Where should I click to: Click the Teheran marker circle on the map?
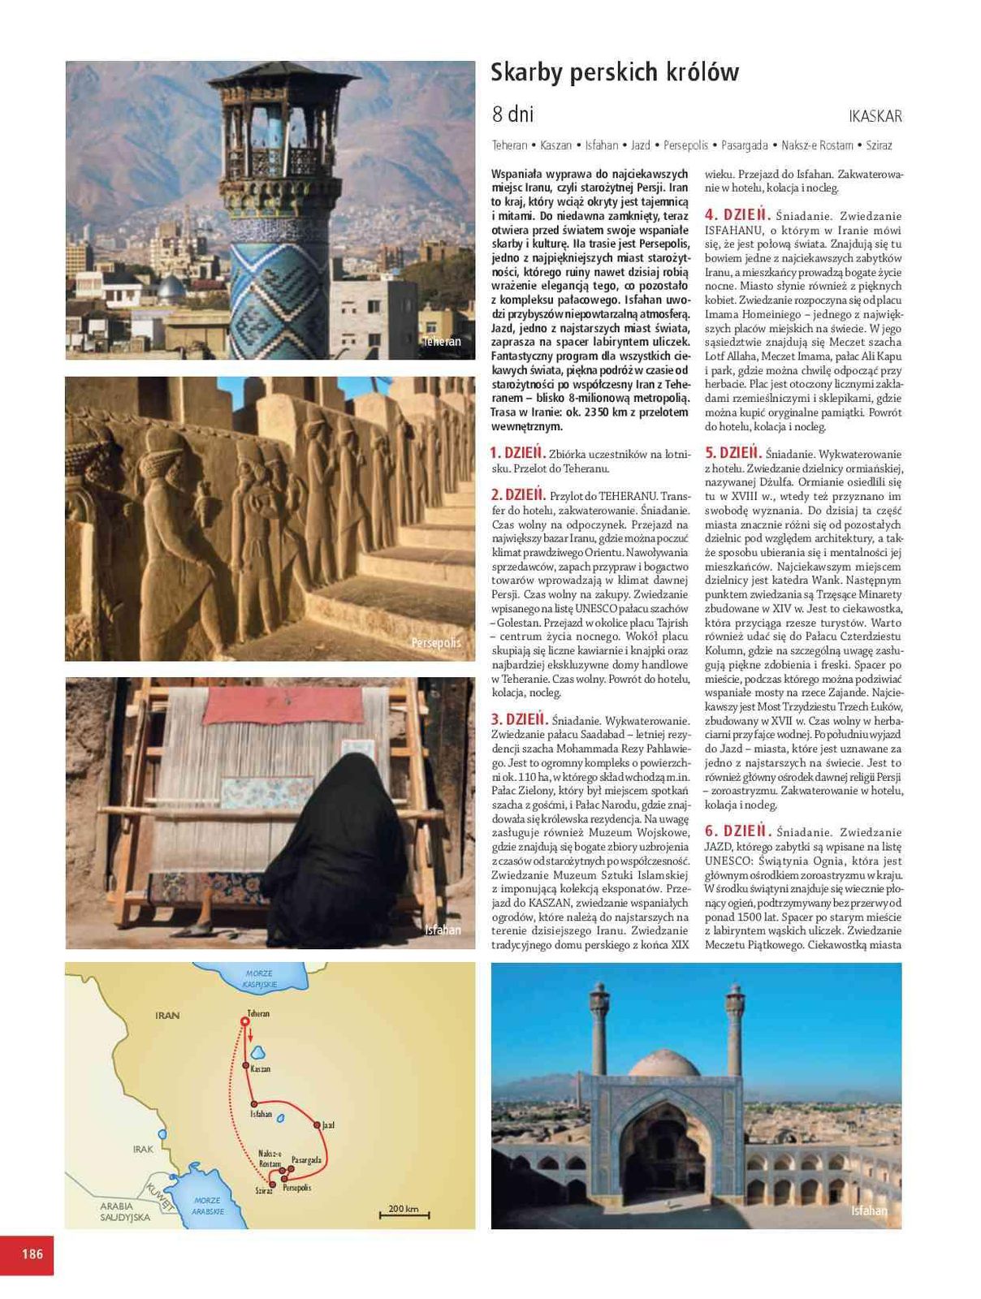pos(245,1021)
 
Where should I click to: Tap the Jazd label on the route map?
pos(328,1125)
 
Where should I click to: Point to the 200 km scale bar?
pos(404,1213)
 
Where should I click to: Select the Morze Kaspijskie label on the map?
pos(260,979)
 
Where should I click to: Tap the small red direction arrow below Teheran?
pos(251,1034)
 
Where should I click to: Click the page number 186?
pos(32,1254)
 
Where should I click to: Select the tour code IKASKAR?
pos(875,116)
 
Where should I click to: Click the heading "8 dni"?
pos(512,114)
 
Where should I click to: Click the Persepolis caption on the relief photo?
pos(436,643)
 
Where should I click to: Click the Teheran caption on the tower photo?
pos(442,342)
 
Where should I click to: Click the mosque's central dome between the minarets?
pos(665,1063)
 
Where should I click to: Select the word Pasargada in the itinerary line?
pos(744,145)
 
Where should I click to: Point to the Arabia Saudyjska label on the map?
pos(125,1212)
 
